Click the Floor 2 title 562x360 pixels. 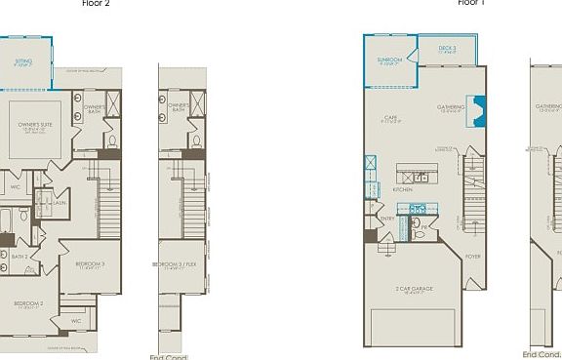[x=96, y=3]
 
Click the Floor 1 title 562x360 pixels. [x=471, y=3]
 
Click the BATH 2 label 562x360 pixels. [x=33, y=257]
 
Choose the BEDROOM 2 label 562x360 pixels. [x=28, y=303]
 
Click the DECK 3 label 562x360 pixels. [x=447, y=47]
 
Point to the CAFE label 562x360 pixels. [x=389, y=117]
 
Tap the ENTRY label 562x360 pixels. [x=387, y=219]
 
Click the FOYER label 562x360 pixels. [x=472, y=257]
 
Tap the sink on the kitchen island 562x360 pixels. [x=421, y=178]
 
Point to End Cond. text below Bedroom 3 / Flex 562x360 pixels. [x=169, y=357]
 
